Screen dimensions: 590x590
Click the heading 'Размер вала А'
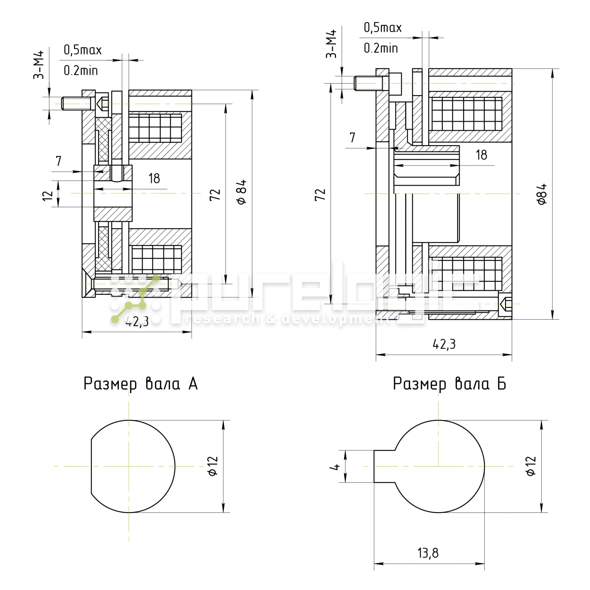tap(140, 384)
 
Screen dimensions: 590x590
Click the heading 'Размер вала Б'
tap(449, 384)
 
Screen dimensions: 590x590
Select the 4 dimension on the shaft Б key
tap(336, 467)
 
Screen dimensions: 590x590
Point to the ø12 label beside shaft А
tap(213, 466)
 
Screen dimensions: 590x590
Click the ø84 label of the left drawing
tap(242, 192)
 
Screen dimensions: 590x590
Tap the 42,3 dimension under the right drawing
tap(444, 345)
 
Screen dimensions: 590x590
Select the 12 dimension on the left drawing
tap(47, 196)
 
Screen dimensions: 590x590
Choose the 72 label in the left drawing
tap(215, 194)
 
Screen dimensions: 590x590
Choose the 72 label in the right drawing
tap(320, 194)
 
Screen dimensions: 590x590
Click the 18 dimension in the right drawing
tap(481, 155)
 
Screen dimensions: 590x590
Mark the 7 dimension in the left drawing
tap(59, 161)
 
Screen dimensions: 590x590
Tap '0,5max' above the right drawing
tap(382, 28)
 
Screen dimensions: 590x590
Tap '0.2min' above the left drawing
tap(81, 71)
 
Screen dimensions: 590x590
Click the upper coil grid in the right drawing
tap(466, 114)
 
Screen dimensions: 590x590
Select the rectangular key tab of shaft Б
tap(384, 466)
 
